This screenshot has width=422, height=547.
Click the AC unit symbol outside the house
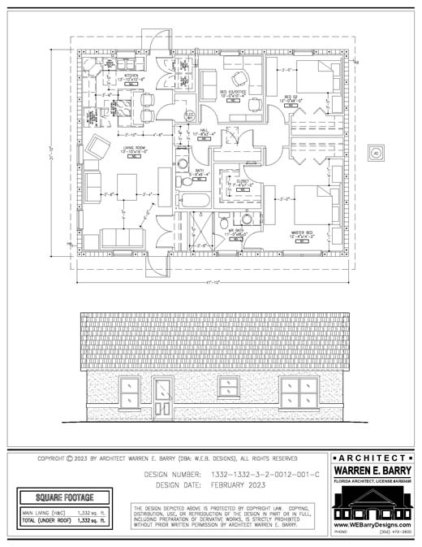click(375, 152)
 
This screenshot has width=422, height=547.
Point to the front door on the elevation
click(163, 399)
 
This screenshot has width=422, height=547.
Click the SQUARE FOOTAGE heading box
click(65, 497)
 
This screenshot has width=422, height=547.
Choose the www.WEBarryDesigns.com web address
click(372, 524)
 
